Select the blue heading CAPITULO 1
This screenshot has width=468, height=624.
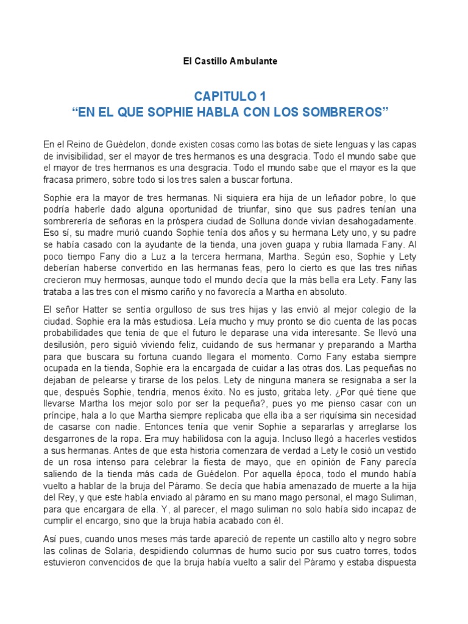pyautogui.click(x=230, y=97)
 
